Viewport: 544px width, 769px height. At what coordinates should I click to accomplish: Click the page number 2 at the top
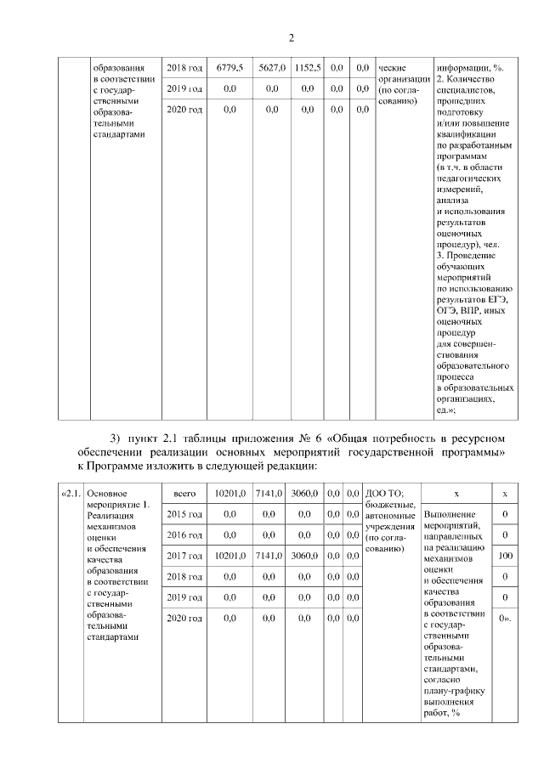point(291,37)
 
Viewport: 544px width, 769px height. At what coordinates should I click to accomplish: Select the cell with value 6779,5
point(229,67)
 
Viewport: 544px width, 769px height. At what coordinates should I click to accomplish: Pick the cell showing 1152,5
point(307,67)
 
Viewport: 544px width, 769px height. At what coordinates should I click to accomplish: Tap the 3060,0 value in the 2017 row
point(307,556)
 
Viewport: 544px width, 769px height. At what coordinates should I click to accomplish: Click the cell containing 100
point(505,556)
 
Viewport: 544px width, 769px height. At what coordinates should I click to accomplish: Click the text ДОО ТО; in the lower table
point(383,493)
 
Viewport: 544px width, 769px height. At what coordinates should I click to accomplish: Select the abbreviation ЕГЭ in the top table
point(498,301)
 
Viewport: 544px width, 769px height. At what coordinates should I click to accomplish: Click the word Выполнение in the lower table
point(447,515)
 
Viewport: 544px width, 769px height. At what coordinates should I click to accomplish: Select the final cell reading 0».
point(505,619)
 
